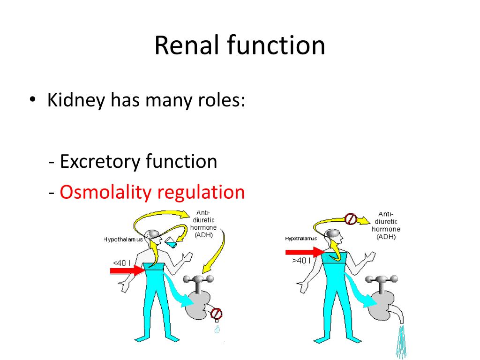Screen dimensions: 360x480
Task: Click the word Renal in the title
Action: pos(187,46)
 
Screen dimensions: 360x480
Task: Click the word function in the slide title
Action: pos(277,46)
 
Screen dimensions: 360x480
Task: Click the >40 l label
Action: pos(302,261)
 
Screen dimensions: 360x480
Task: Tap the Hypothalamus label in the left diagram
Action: pos(123,240)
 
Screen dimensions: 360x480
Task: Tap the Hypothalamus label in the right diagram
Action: pos(301,239)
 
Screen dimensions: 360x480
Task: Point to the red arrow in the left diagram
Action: pos(127,270)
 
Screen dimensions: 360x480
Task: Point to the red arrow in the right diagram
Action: pos(305,253)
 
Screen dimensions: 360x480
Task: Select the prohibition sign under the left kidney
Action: pos(216,313)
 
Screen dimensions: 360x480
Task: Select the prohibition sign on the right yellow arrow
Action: pos(351,218)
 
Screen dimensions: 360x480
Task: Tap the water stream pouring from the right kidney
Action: pos(402,340)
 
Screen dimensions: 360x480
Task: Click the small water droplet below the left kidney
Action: pos(217,330)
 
